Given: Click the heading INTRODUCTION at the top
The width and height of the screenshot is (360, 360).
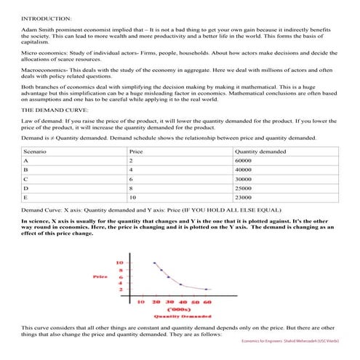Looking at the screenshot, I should click(x=46, y=17).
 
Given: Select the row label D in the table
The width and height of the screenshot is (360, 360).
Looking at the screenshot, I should click(x=25, y=187).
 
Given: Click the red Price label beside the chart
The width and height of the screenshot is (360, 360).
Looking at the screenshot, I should click(x=100, y=276).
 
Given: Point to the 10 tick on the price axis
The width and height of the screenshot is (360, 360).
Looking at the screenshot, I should click(x=120, y=262).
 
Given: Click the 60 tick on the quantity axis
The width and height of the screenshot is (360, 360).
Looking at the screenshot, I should click(x=207, y=300).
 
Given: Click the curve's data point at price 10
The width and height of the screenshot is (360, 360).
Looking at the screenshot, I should click(x=153, y=263).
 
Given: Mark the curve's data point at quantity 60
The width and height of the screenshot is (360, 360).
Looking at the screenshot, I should click(x=206, y=289).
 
